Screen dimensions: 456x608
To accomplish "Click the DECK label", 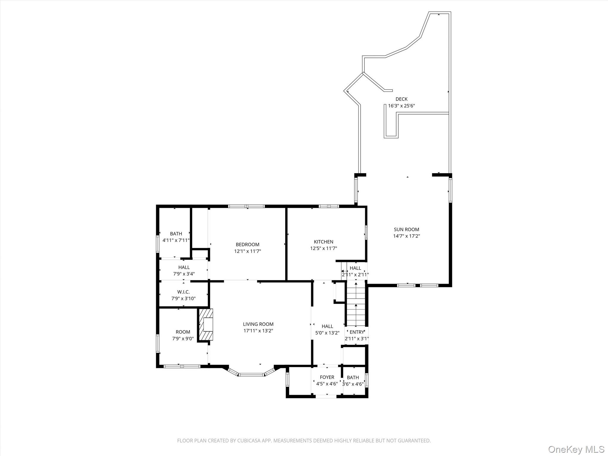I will (x=401, y=99).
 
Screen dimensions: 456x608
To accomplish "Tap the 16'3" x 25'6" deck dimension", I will (x=401, y=106).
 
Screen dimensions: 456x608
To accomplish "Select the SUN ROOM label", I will (x=406, y=229).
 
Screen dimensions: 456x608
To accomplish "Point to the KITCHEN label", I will (x=324, y=242).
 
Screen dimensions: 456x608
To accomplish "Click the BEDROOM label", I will (x=248, y=244).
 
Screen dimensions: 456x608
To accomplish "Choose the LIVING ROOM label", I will (x=258, y=324).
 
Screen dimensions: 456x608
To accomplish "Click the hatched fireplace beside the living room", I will (x=206, y=325).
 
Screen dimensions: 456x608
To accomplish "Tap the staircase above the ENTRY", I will (x=356, y=306).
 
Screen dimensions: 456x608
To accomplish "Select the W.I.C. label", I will (x=183, y=292).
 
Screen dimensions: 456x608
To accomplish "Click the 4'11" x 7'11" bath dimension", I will (x=176, y=240).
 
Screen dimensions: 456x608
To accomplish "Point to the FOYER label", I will (x=327, y=377).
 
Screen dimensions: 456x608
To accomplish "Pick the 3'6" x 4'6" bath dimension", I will (x=353, y=384).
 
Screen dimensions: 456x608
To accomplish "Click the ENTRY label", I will (x=357, y=332).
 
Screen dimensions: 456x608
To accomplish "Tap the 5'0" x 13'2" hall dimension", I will (x=327, y=333).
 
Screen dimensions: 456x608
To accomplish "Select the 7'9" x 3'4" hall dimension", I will (x=184, y=274).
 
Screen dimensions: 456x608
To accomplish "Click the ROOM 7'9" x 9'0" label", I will (x=183, y=332).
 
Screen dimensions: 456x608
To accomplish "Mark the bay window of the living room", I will (x=251, y=374).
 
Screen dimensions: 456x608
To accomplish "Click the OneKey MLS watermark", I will (x=576, y=449).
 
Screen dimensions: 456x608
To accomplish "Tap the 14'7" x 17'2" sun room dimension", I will (x=406, y=236).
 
